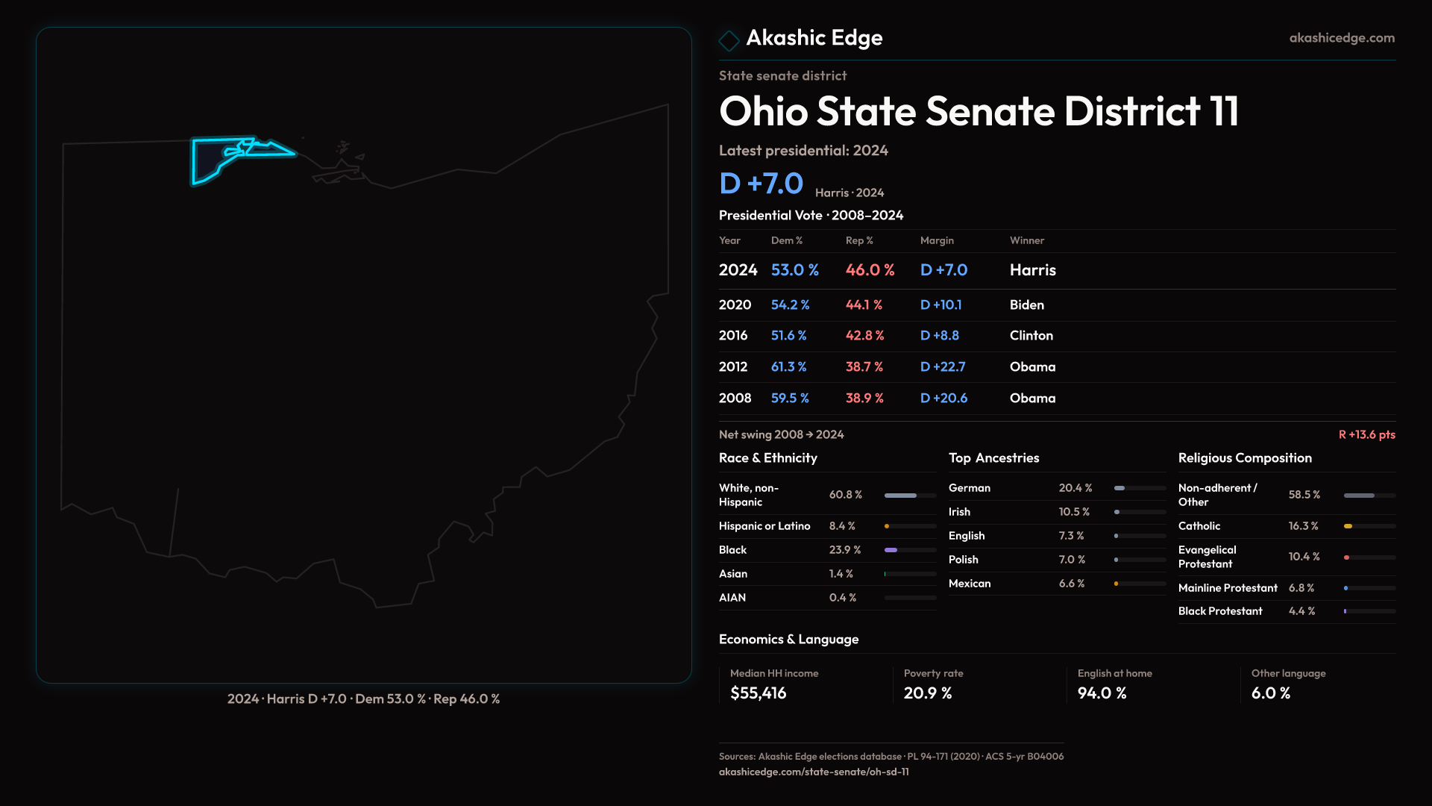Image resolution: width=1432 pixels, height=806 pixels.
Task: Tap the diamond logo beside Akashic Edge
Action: (x=729, y=40)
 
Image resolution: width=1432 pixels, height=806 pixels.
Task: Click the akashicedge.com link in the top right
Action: (x=1342, y=38)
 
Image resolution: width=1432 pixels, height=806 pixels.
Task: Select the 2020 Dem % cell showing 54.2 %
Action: (x=790, y=305)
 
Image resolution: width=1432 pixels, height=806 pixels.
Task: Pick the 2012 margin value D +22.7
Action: (x=943, y=367)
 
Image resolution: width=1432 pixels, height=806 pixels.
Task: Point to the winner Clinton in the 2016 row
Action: (x=1031, y=336)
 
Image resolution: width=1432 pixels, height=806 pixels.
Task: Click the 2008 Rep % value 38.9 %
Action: (x=864, y=399)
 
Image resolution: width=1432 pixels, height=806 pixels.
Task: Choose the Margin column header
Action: (x=937, y=240)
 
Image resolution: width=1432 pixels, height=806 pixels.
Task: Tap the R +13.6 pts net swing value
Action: (x=1366, y=434)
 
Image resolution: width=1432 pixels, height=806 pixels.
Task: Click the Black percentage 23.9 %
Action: (x=845, y=550)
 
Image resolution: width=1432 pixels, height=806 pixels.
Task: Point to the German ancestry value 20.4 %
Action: (x=1075, y=488)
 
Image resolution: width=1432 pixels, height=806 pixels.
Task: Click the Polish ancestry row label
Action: (x=964, y=560)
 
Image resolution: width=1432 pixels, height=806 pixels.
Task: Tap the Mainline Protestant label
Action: (x=1228, y=588)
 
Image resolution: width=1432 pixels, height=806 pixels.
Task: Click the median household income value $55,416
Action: (x=758, y=693)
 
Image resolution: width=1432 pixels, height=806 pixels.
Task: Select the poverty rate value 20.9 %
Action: (x=928, y=693)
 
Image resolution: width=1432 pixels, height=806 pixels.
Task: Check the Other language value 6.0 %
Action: (x=1271, y=693)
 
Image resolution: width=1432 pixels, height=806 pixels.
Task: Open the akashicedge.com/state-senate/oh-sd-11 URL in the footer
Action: (x=814, y=772)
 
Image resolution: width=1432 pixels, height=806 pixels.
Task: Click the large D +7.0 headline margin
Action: (x=761, y=184)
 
